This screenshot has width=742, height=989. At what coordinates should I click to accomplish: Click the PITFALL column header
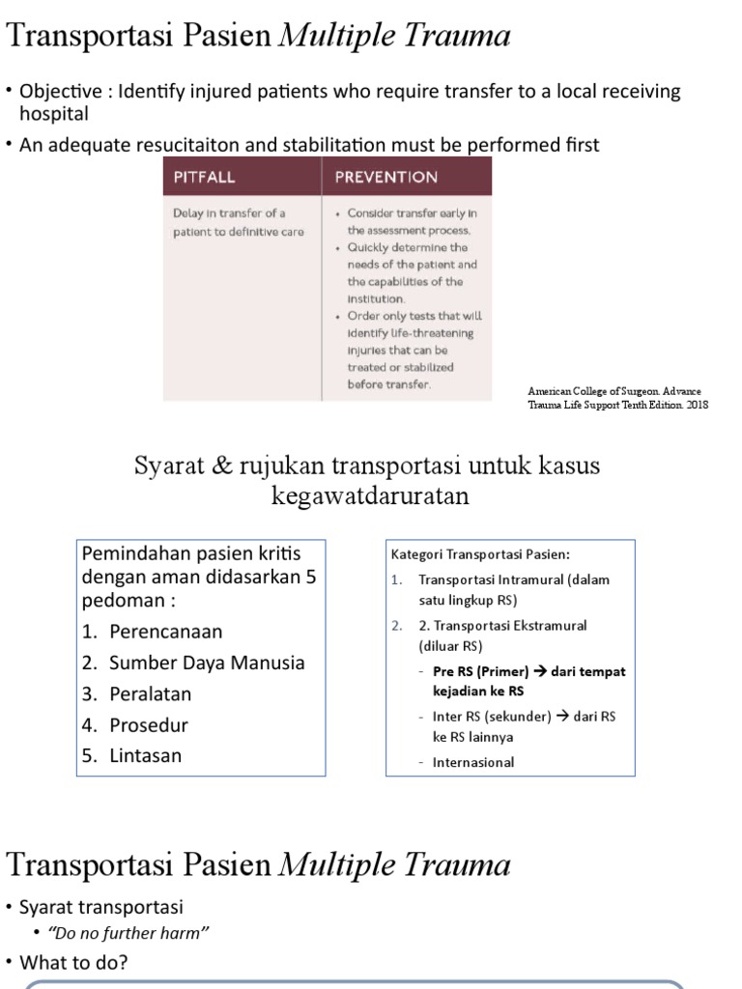[204, 177]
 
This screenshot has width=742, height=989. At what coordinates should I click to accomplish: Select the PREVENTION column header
[385, 177]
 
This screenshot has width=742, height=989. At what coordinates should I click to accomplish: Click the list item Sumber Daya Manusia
[193, 663]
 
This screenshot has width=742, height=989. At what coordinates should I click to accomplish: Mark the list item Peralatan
[151, 693]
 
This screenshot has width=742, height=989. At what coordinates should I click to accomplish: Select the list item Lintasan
[145, 755]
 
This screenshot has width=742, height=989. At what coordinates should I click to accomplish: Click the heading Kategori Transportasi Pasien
[480, 554]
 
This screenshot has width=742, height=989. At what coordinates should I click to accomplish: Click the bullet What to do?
[73, 962]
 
